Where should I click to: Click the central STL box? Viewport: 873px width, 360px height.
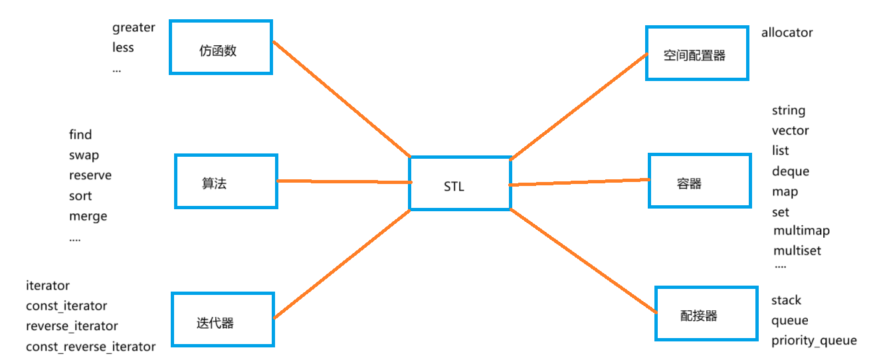pyautogui.click(x=459, y=184)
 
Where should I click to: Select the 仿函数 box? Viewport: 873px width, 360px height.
pyautogui.click(x=221, y=47)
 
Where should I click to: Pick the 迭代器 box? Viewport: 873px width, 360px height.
pyautogui.click(x=223, y=319)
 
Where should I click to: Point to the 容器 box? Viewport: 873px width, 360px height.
pyautogui.click(x=698, y=181)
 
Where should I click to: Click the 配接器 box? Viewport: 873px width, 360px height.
pyautogui.click(x=706, y=314)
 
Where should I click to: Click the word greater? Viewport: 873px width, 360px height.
pyautogui.click(x=134, y=27)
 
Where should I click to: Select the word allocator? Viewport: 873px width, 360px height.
pyautogui.click(x=787, y=33)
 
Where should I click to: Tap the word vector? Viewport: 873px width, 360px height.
pyautogui.click(x=790, y=131)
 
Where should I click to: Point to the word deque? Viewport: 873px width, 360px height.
pyautogui.click(x=790, y=171)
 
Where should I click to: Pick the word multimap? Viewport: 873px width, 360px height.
pyautogui.click(x=801, y=231)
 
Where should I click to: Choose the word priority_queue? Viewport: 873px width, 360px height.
pyautogui.click(x=814, y=341)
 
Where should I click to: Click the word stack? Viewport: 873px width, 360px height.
pyautogui.click(x=786, y=300)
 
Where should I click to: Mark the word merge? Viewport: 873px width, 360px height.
pyautogui.click(x=88, y=217)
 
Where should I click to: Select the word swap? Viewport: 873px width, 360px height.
pyautogui.click(x=84, y=155)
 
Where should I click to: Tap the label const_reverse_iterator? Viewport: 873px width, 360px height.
pyautogui.click(x=90, y=347)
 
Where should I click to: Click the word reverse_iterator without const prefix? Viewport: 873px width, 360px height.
pyautogui.click(x=72, y=326)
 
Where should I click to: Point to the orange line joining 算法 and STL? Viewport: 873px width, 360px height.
pyautogui.click(x=342, y=181)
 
